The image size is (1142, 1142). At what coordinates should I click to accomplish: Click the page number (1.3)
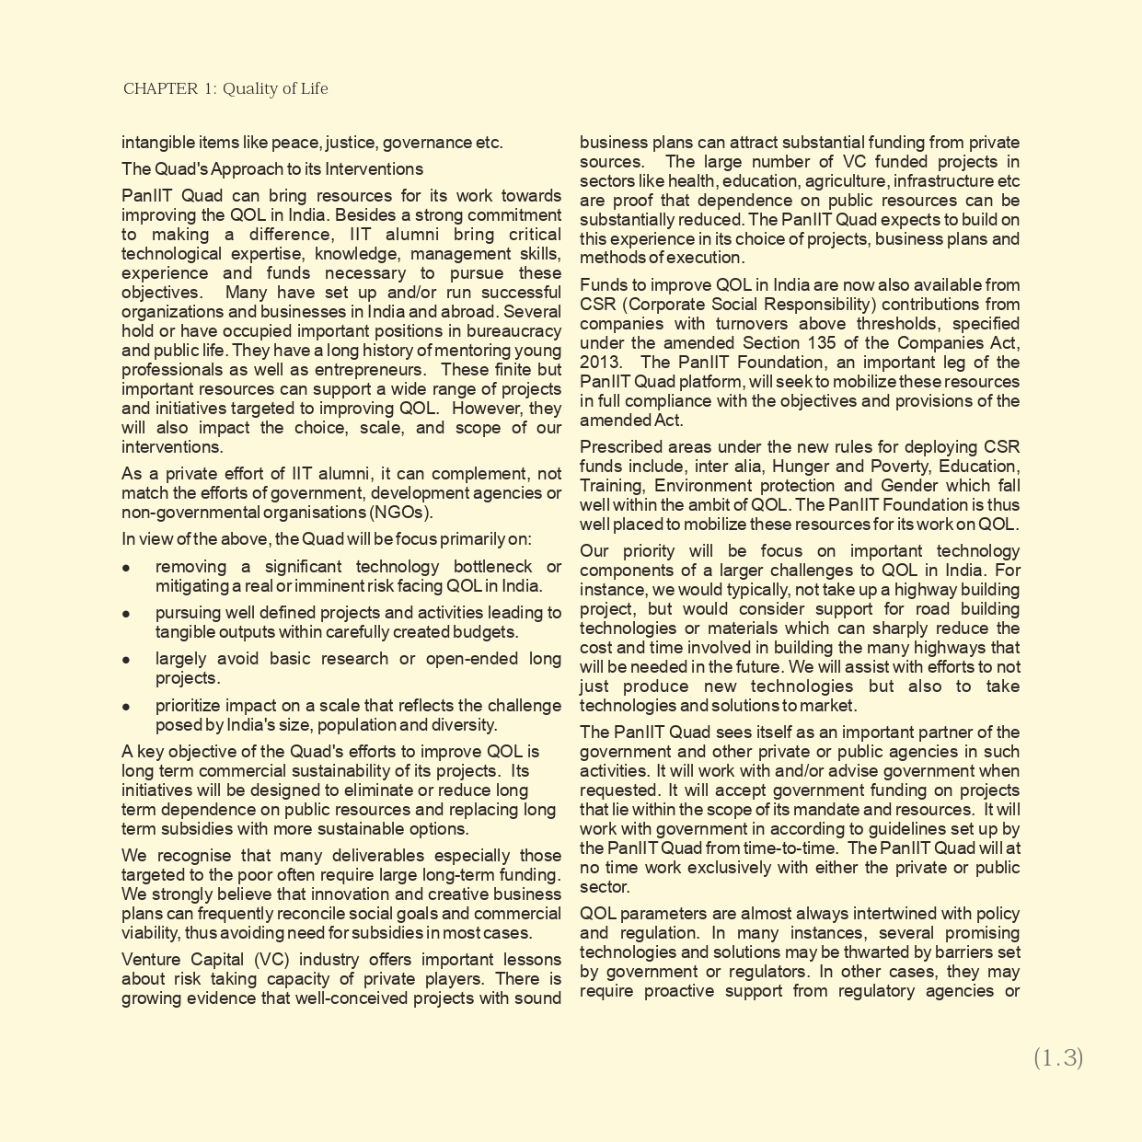pyautogui.click(x=1057, y=1058)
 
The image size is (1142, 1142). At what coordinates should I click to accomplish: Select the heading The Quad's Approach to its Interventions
pyautogui.click(x=272, y=169)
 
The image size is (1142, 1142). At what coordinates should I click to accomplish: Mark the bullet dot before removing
pyautogui.click(x=126, y=568)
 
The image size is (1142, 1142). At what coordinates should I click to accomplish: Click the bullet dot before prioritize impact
pyautogui.click(x=126, y=707)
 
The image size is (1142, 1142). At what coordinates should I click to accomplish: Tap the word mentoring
pyautogui.click(x=471, y=351)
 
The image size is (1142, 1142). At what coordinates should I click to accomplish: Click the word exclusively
pyautogui.click(x=759, y=868)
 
